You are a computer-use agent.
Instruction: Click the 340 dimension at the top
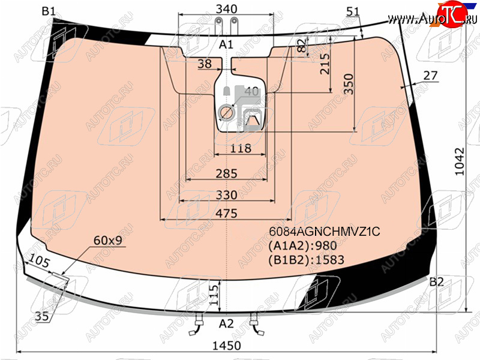[x=227, y=9]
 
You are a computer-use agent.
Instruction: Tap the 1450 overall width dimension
[x=227, y=346]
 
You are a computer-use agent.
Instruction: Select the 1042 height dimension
[x=460, y=161]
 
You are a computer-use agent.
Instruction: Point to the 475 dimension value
[x=227, y=214]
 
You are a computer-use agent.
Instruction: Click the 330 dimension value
[x=227, y=195]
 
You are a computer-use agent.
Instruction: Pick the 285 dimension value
[x=227, y=173]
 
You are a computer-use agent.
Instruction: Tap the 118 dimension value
[x=241, y=148]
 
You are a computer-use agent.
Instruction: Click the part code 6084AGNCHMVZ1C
[x=325, y=232]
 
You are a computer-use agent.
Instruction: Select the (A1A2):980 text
[x=302, y=245]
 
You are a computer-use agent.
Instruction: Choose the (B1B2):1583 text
[x=307, y=260]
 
